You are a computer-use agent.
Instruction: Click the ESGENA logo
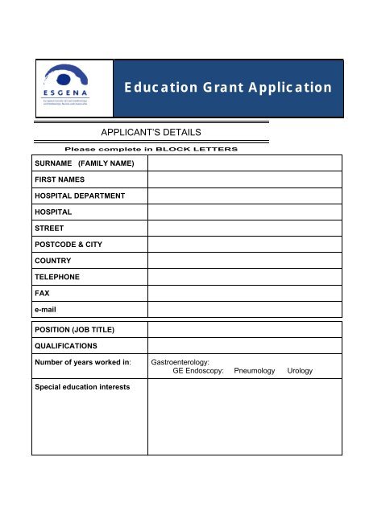click(x=73, y=86)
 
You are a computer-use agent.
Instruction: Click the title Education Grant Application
click(x=228, y=87)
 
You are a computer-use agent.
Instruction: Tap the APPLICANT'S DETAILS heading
click(x=149, y=132)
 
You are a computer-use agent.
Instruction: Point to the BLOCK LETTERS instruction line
click(x=150, y=150)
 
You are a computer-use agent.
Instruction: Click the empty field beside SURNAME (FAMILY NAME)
click(x=244, y=163)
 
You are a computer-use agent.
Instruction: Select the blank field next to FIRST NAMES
click(x=244, y=179)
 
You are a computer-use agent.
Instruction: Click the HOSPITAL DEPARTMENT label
click(x=79, y=196)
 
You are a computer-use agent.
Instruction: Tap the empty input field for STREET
click(x=244, y=229)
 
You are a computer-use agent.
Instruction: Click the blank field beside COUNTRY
click(x=244, y=261)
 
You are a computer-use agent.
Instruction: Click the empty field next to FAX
click(x=244, y=293)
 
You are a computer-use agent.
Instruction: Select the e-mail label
click(x=47, y=309)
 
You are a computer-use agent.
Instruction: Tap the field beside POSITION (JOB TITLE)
click(x=244, y=329)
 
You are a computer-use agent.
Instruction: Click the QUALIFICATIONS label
click(x=66, y=345)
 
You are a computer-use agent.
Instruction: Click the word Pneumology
click(x=254, y=371)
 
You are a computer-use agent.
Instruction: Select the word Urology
click(x=300, y=371)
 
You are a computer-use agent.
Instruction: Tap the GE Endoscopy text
click(x=191, y=371)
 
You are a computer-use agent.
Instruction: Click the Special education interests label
click(x=84, y=386)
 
